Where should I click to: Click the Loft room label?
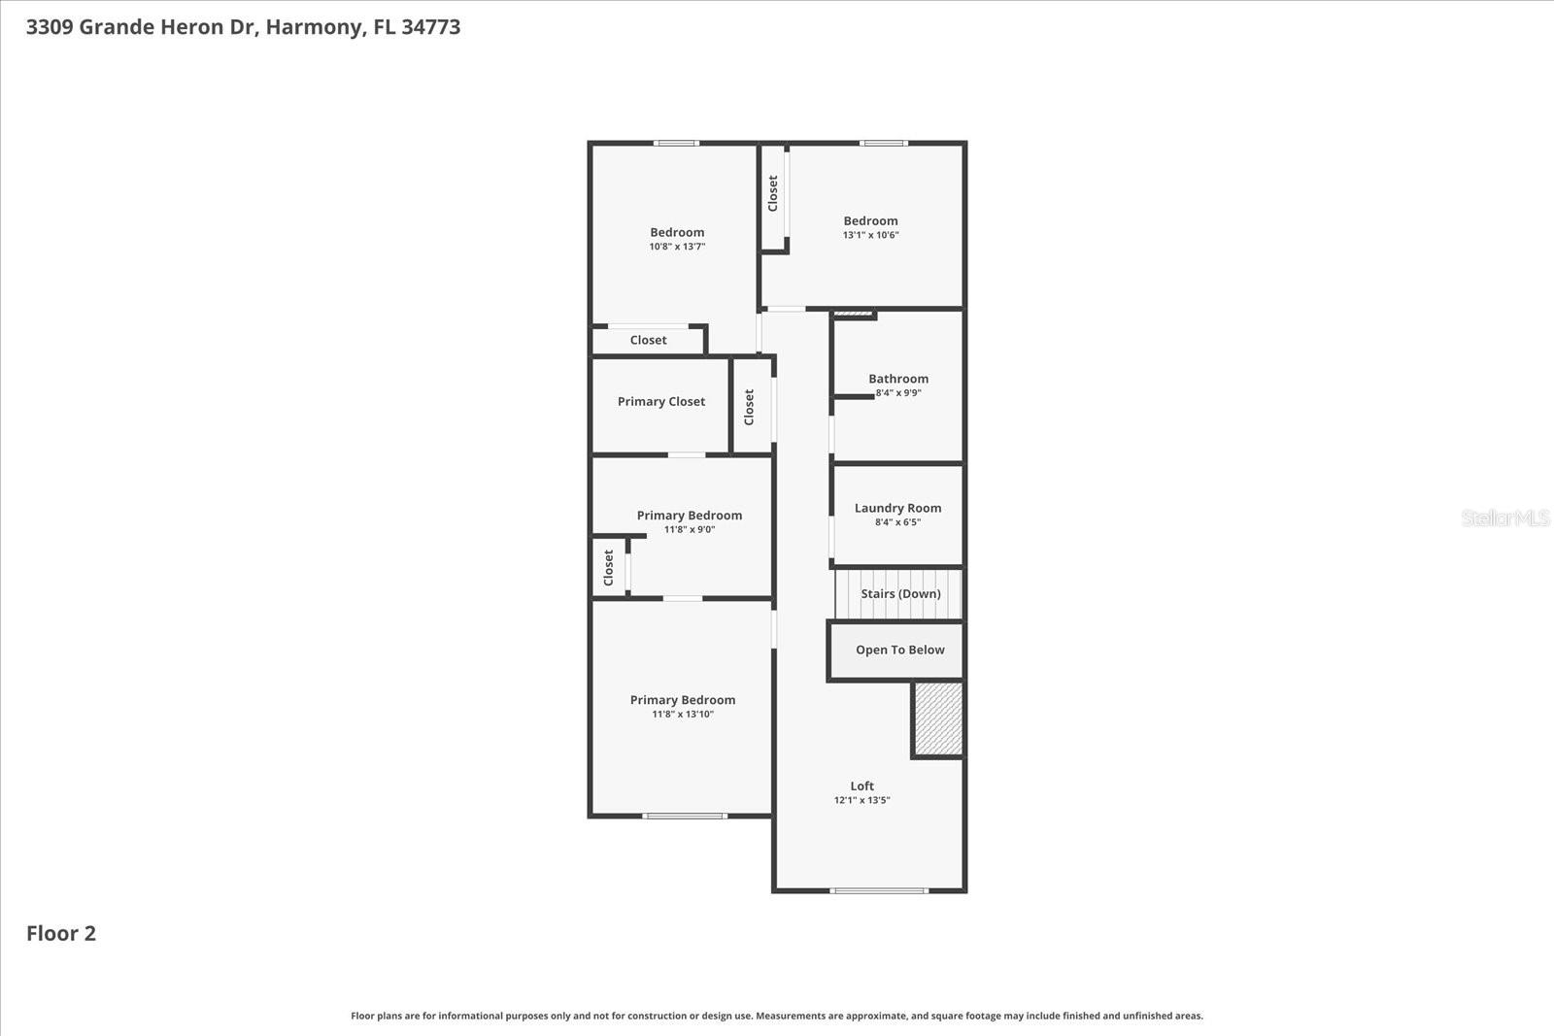pyautogui.click(x=861, y=786)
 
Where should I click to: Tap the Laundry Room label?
pyautogui.click(x=897, y=508)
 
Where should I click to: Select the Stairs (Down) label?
pyautogui.click(x=900, y=593)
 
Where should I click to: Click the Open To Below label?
pyautogui.click(x=899, y=650)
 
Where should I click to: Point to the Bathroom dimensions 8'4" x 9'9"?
pyautogui.click(x=898, y=393)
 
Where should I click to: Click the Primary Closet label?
pyautogui.click(x=661, y=401)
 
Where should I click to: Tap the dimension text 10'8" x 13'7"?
pyautogui.click(x=677, y=247)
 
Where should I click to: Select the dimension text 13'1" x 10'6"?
pyautogui.click(x=870, y=235)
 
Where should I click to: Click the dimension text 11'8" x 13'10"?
pyautogui.click(x=683, y=714)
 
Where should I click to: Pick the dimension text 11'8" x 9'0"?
pyautogui.click(x=690, y=529)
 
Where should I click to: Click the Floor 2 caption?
pyautogui.click(x=61, y=933)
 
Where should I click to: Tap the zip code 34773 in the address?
pyautogui.click(x=430, y=27)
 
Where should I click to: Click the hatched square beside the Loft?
pyautogui.click(x=938, y=719)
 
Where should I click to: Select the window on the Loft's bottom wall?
pyautogui.click(x=879, y=889)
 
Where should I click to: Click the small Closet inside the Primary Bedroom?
pyautogui.click(x=609, y=567)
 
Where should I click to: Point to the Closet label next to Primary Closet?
pyautogui.click(x=749, y=407)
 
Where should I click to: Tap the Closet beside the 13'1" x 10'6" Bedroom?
pyautogui.click(x=773, y=193)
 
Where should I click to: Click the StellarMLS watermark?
pyautogui.click(x=1504, y=518)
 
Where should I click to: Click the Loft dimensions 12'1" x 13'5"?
pyautogui.click(x=861, y=801)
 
